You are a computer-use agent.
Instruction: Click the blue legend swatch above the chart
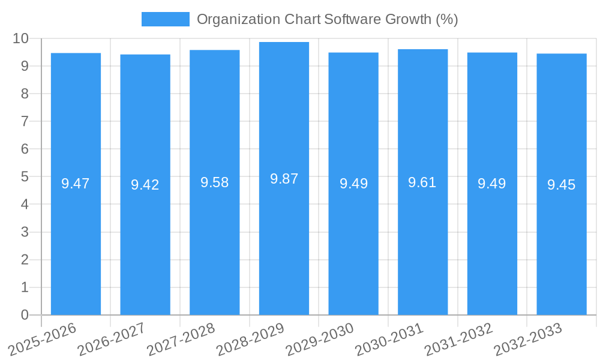tap(165, 19)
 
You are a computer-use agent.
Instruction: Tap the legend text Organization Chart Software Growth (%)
tap(327, 19)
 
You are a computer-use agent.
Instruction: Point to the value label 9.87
tap(284, 179)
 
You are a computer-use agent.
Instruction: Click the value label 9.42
tap(145, 185)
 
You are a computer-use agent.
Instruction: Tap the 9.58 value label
tap(214, 182)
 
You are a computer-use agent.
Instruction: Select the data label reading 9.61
tap(422, 182)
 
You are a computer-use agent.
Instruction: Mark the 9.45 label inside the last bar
tap(562, 185)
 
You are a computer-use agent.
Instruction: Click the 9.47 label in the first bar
tap(76, 184)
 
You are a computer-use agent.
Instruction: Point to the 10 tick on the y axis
tap(21, 38)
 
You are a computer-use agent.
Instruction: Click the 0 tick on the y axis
tap(25, 315)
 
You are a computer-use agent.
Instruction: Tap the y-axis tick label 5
tap(25, 177)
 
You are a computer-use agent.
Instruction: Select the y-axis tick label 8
tap(25, 94)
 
